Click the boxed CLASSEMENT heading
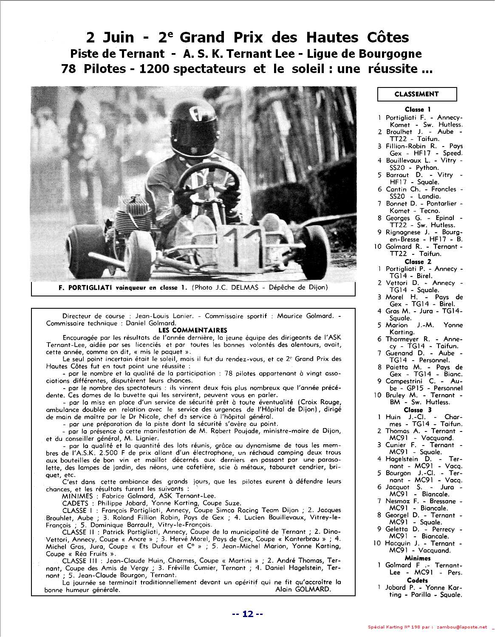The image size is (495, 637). [416, 94]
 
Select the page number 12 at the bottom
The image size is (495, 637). [248, 614]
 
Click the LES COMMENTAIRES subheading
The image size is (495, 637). [192, 330]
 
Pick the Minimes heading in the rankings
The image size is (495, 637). [418, 558]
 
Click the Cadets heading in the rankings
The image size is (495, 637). [417, 580]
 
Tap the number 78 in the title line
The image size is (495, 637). [69, 68]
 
